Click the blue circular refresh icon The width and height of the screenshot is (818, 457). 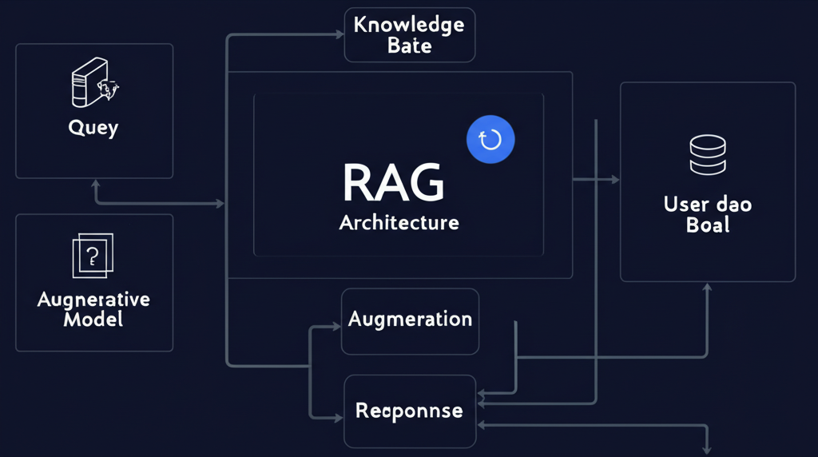pyautogui.click(x=490, y=140)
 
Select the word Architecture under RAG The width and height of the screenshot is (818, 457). pyautogui.click(x=399, y=222)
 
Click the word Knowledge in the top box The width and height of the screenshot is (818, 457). pyautogui.click(x=409, y=24)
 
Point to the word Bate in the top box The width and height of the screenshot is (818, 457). pyautogui.click(x=409, y=46)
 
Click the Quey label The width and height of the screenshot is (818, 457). pyautogui.click(x=93, y=127)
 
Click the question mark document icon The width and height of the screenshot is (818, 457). pyautogui.click(x=93, y=256)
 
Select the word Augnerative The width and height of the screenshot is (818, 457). pyautogui.click(x=93, y=300)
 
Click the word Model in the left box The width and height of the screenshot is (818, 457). pyautogui.click(x=93, y=320)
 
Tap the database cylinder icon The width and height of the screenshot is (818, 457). pyautogui.click(x=707, y=155)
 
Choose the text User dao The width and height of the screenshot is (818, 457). pyautogui.click(x=707, y=204)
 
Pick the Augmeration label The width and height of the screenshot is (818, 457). pyautogui.click(x=410, y=320)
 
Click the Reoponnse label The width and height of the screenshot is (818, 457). pyautogui.click(x=409, y=411)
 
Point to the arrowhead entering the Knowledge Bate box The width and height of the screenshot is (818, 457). pyautogui.click(x=338, y=35)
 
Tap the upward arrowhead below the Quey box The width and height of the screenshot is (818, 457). pyautogui.click(x=97, y=185)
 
